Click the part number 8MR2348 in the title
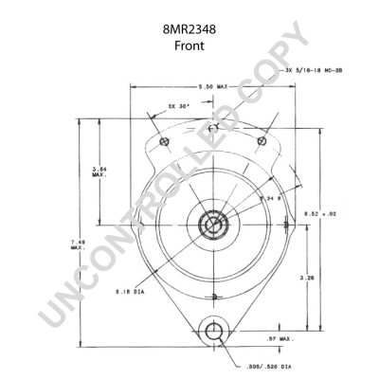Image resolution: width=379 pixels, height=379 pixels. (x=189, y=29)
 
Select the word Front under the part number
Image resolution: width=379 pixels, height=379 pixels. (x=189, y=45)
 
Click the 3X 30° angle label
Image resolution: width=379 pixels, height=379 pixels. (x=178, y=106)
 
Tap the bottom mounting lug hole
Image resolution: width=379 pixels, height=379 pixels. (x=214, y=334)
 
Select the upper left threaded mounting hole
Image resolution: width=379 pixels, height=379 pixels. (x=165, y=142)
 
